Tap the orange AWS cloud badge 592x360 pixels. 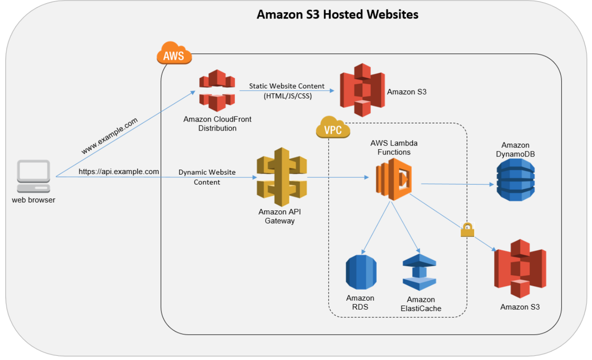pos(174,55)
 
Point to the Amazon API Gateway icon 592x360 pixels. pos(281,177)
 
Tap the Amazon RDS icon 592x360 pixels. pos(361,272)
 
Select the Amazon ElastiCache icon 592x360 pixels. pos(419,272)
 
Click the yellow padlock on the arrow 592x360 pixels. pos(467,230)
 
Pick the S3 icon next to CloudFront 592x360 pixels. pos(362,90)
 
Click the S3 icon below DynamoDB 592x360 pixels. pos(520,268)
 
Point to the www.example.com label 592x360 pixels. pos(109,136)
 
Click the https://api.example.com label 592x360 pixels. pos(119,171)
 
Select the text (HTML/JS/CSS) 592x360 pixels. pos(286,96)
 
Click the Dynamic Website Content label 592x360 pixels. pos(207,177)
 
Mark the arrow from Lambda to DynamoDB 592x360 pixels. pos(458,184)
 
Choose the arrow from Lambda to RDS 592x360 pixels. pos(376,227)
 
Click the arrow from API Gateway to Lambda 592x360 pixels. pos(338,178)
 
